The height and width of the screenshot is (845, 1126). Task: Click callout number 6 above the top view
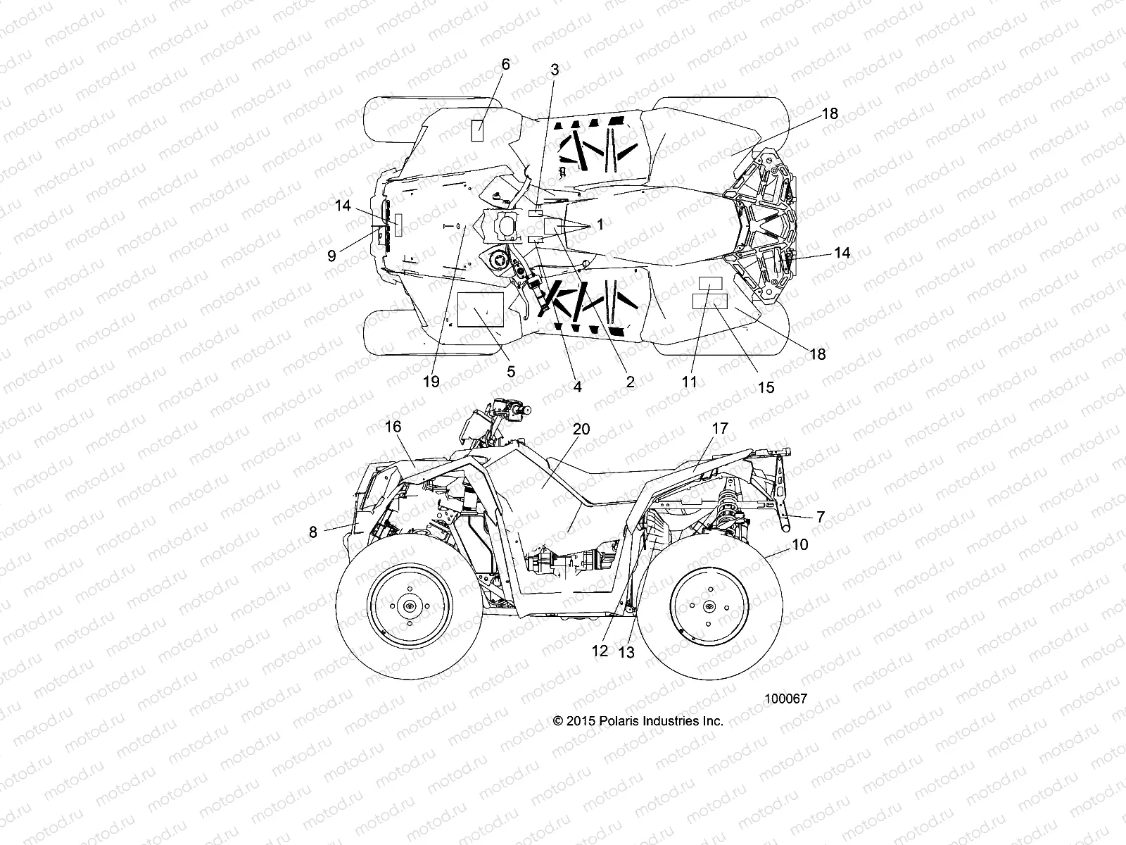[505, 64]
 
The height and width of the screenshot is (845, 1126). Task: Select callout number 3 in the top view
[555, 70]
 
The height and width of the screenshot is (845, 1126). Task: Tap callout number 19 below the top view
[431, 381]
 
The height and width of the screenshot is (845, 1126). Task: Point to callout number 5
[511, 371]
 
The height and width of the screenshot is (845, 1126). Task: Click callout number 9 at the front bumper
[331, 256]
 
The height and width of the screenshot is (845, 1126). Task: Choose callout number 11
[689, 381]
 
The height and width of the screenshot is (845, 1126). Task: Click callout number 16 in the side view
[393, 427]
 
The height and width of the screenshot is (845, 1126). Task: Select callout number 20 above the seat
[581, 429]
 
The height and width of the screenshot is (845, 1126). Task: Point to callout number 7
[819, 517]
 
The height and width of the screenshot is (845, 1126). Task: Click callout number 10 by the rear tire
[780, 544]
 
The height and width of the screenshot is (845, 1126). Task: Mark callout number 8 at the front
[313, 532]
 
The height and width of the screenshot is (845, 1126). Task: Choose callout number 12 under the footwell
[600, 651]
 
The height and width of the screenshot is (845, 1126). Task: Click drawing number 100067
[785, 699]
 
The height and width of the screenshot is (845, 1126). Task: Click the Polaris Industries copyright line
[638, 720]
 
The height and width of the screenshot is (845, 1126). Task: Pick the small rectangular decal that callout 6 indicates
[476, 131]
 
